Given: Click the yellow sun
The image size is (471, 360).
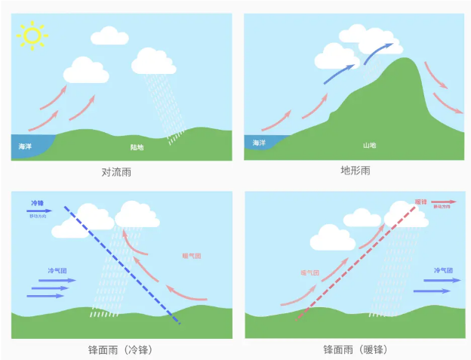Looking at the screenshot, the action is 32,34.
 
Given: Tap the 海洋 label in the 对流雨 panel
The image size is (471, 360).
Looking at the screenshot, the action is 26,146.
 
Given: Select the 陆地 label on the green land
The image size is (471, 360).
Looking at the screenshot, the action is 137,148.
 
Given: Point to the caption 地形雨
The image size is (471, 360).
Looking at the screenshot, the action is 355,171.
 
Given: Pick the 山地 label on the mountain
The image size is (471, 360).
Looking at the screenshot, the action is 369,144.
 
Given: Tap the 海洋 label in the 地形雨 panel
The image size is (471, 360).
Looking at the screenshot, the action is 259,143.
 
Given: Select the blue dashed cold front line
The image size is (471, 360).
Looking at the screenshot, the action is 121,264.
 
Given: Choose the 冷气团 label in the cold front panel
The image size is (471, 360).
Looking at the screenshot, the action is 57,270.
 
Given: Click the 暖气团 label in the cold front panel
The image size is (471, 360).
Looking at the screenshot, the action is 192,257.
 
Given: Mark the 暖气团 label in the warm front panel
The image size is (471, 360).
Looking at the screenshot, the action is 310,272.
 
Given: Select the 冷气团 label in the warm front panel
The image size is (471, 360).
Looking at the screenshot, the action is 443,269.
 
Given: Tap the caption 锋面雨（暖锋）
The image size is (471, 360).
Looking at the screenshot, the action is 354,350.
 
